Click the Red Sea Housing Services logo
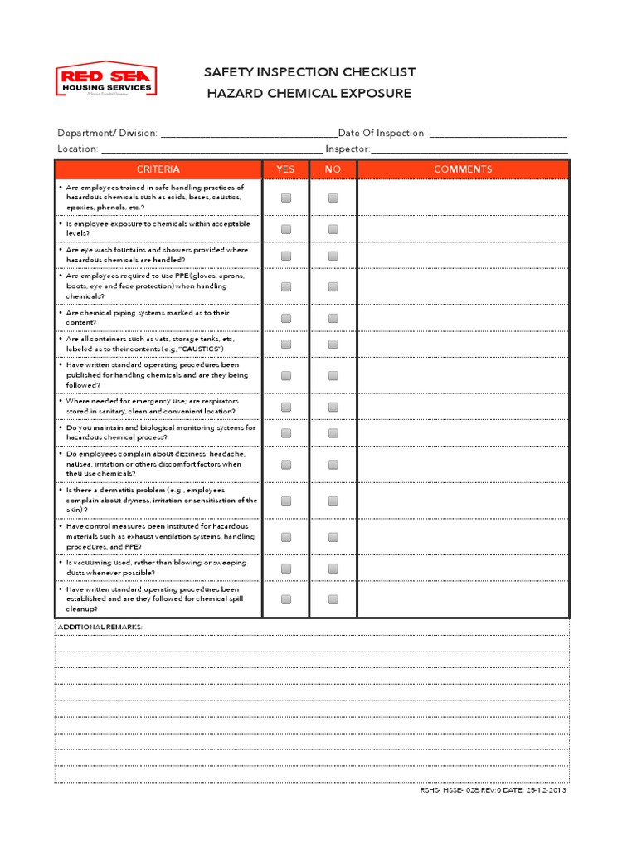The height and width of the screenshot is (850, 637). click(x=105, y=82)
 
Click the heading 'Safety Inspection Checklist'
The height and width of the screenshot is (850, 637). click(x=309, y=72)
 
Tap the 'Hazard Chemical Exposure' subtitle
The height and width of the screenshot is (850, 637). click(x=309, y=93)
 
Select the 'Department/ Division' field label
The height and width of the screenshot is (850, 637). click(x=107, y=133)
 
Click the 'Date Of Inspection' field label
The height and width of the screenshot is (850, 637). click(x=382, y=133)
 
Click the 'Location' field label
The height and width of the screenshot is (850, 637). click(x=77, y=149)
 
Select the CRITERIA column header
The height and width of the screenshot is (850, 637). click(x=158, y=169)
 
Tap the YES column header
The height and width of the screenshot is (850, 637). click(x=285, y=169)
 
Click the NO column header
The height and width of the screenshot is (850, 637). click(x=333, y=169)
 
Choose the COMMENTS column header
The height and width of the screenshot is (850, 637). click(x=463, y=169)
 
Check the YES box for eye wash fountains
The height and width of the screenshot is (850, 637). click(x=286, y=255)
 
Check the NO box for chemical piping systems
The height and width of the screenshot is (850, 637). click(x=333, y=318)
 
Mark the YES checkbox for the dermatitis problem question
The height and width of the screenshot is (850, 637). click(x=286, y=501)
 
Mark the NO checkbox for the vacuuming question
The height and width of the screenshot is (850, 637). click(x=333, y=569)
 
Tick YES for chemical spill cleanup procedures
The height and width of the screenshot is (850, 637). click(x=286, y=599)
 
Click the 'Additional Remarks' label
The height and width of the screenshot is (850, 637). click(x=100, y=627)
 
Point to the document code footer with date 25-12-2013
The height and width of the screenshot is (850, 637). click(x=494, y=789)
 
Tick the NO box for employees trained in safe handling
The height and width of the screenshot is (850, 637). click(x=333, y=198)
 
